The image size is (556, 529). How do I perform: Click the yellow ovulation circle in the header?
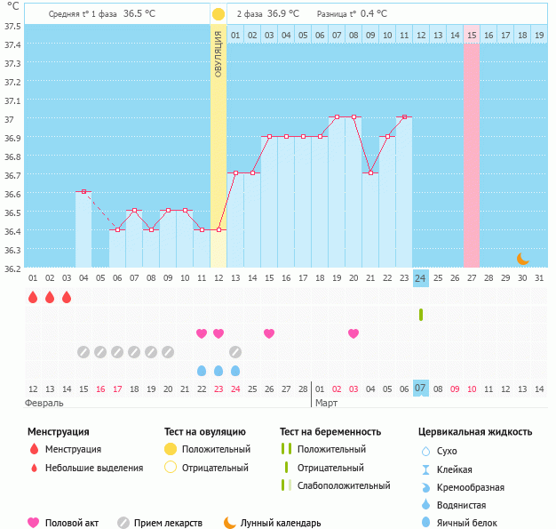tap(218, 14)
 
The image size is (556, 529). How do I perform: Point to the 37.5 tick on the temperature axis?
tap(12, 25)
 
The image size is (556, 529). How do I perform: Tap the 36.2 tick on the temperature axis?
tap(12, 268)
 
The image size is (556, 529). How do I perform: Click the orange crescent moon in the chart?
tap(523, 259)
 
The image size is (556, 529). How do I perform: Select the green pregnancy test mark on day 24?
tap(421, 315)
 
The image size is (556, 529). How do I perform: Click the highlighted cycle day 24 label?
tap(421, 278)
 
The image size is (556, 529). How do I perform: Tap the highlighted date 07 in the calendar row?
tap(421, 389)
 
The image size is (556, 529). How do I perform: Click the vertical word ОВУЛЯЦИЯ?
tap(218, 53)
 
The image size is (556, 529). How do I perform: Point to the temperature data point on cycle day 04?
tap(83, 192)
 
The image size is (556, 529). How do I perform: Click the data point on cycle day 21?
tap(370, 173)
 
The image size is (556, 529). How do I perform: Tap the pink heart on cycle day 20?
tap(353, 333)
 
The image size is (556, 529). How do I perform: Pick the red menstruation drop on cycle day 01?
tap(33, 297)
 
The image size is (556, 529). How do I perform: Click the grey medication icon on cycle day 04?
tap(83, 352)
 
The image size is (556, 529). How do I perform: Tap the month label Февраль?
tap(44, 403)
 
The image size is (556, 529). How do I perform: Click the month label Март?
tap(326, 403)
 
